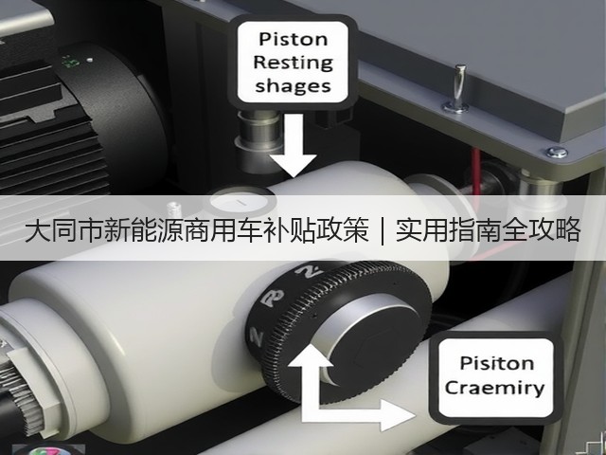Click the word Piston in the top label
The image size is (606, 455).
(x=293, y=40)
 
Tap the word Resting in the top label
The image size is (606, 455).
(x=293, y=63)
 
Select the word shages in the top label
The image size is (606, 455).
(x=293, y=86)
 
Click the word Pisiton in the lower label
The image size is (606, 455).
(x=496, y=363)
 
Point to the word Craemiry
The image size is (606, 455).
(x=494, y=388)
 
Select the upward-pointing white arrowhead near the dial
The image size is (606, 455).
(x=311, y=355)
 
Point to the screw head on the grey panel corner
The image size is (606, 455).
(x=557, y=152)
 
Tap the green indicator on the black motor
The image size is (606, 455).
(x=71, y=62)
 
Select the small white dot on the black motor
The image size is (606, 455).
(x=90, y=60)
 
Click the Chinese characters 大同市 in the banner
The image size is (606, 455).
(x=64, y=230)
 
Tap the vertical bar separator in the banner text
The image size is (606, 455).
(x=383, y=231)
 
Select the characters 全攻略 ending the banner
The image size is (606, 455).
(x=542, y=230)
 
